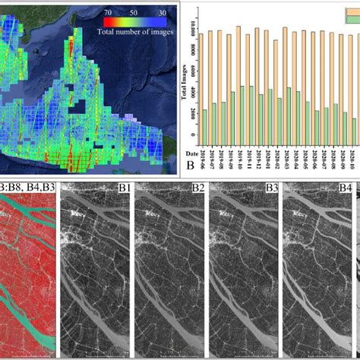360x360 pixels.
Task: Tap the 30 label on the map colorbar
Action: tap(161, 12)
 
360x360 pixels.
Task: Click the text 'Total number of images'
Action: tap(134, 32)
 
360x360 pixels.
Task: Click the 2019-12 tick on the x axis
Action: tap(258, 160)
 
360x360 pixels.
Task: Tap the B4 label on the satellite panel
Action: tap(345, 187)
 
